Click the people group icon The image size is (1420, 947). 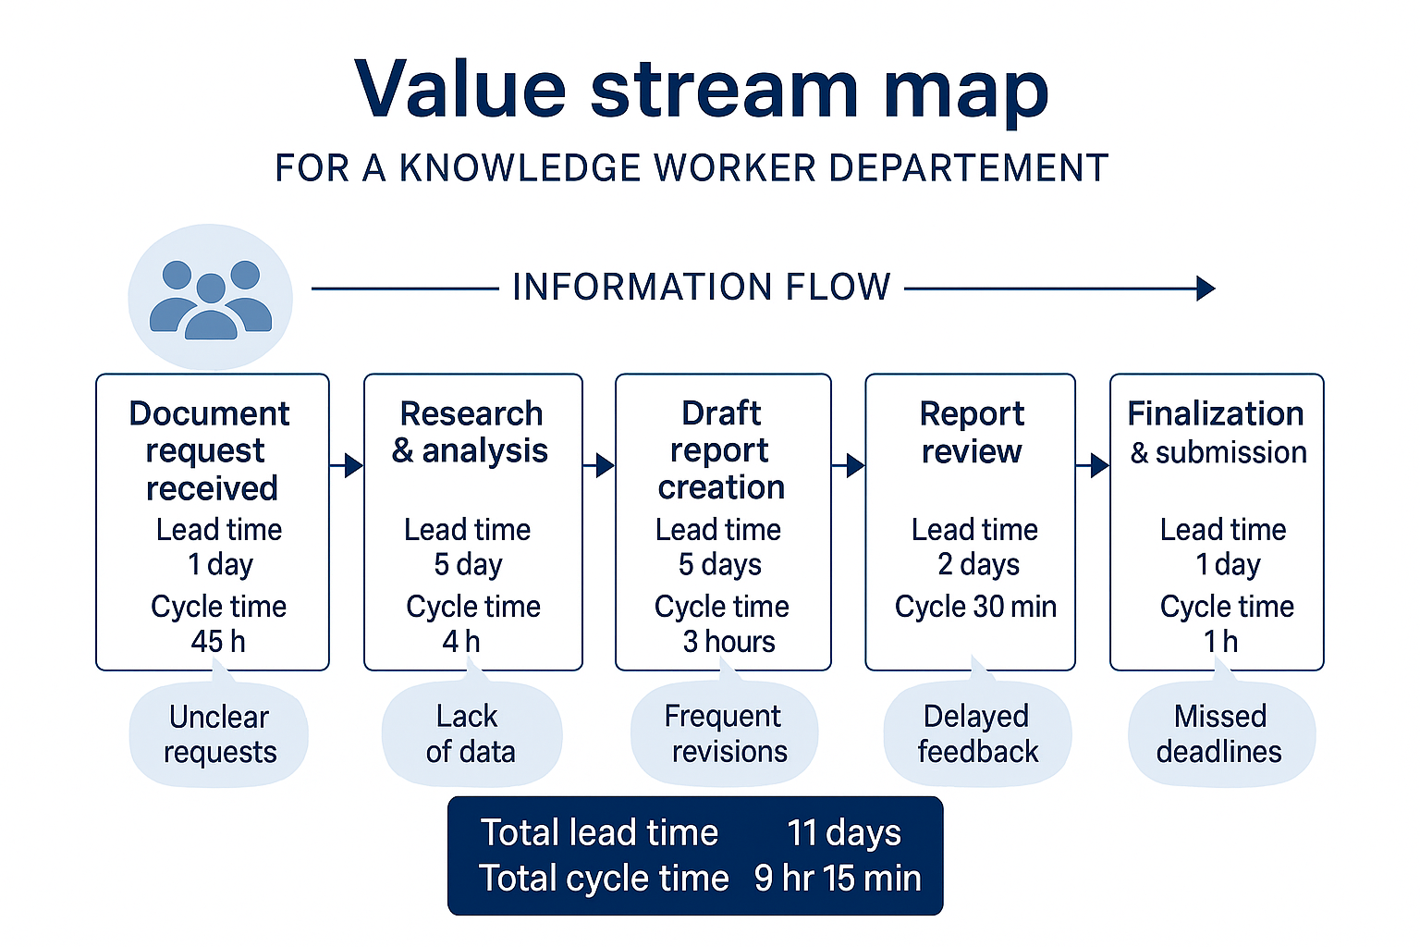tap(211, 298)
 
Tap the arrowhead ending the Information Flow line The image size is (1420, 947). tap(1205, 289)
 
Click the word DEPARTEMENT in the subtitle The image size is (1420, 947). tap(968, 168)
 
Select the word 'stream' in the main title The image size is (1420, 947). tap(725, 90)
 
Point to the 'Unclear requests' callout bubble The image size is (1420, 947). tap(219, 734)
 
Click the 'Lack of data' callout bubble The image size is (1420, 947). tap(471, 734)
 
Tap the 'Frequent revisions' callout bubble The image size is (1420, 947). tap(725, 734)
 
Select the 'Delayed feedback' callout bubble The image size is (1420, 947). tap(977, 734)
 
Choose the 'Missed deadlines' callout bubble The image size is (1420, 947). tap(1220, 734)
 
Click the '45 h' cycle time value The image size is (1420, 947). tap(218, 642)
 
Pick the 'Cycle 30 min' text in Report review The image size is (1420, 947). tap(975, 607)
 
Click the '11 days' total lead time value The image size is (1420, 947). tap(843, 833)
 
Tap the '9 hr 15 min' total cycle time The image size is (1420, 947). tap(838, 879)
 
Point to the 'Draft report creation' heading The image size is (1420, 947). tap(721, 450)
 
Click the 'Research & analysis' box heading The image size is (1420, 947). tap(471, 432)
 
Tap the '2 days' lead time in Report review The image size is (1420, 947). tap(978, 564)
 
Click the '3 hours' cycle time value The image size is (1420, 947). tap(728, 642)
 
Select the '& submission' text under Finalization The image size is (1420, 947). tap(1218, 452)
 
